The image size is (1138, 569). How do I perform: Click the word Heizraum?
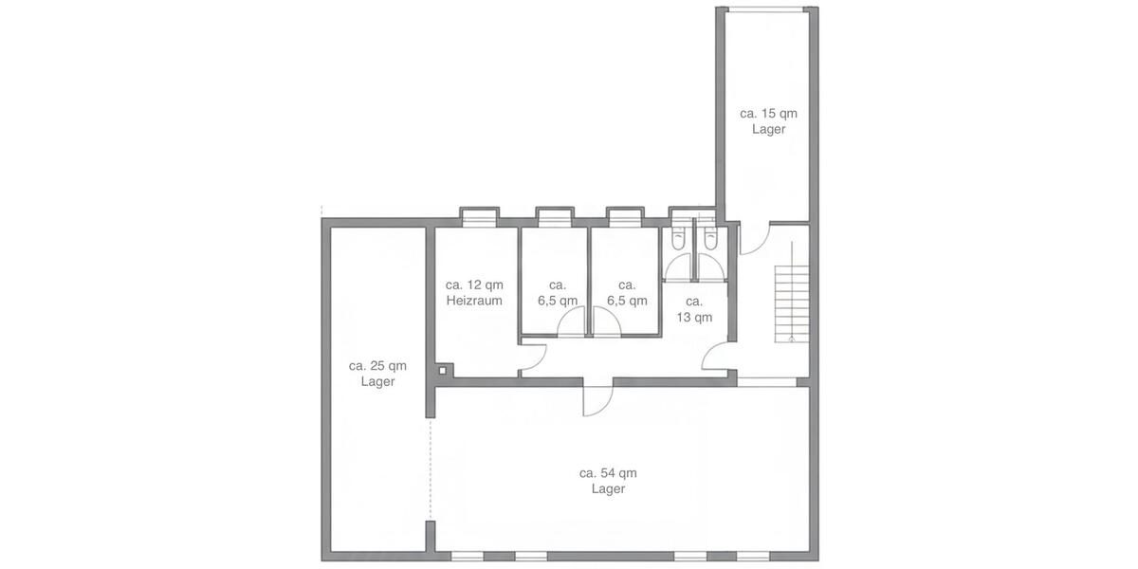(474, 301)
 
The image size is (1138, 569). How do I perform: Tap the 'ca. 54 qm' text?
(608, 472)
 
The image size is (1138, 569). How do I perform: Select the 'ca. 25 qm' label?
(377, 365)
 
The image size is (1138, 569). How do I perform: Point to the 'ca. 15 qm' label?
(768, 113)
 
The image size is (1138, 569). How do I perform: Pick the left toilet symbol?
(678, 241)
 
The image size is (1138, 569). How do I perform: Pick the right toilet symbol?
(709, 241)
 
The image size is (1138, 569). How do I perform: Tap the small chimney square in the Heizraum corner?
(444, 370)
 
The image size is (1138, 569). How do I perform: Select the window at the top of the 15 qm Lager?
(767, 9)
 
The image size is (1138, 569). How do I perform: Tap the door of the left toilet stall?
(679, 269)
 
